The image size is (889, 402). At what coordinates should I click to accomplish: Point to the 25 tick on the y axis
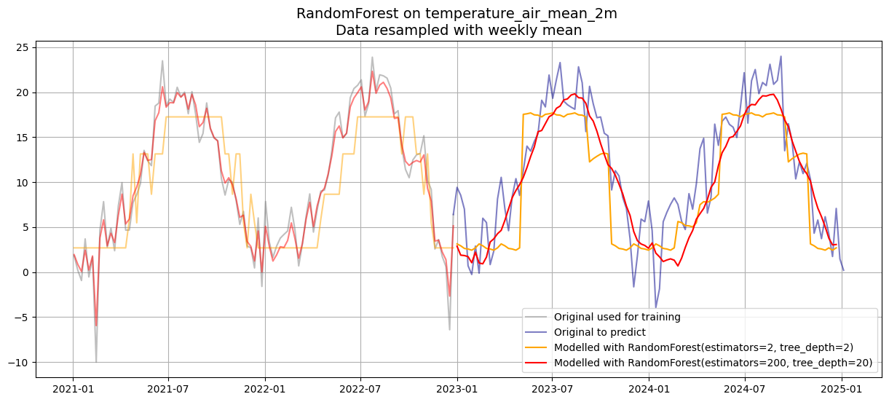(x=23, y=47)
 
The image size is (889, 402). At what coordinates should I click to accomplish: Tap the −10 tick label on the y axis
(x=19, y=363)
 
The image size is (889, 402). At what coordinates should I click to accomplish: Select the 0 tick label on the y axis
(x=25, y=272)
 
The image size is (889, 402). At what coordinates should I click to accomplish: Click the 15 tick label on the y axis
(x=23, y=138)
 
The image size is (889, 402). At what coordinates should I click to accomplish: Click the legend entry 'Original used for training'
(x=617, y=317)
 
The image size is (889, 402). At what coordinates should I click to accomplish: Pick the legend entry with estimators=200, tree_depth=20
(x=710, y=362)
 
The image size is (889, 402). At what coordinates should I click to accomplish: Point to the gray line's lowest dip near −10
(x=96, y=361)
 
